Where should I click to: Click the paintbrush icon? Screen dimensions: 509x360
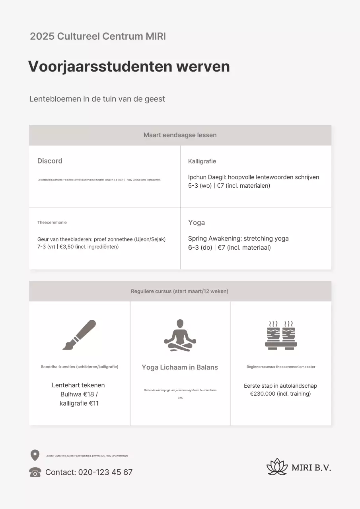coord(79,335)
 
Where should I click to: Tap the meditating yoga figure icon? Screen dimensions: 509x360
coord(180,335)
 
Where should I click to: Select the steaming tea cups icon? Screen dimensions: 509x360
coord(281,335)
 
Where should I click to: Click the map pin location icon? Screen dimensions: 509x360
coord(35,455)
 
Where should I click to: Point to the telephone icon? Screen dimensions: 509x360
coord(35,472)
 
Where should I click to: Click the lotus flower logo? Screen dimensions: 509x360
coord(277,467)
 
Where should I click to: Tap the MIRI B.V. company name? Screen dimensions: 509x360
coord(311,468)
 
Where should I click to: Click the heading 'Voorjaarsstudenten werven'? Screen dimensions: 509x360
coord(129,66)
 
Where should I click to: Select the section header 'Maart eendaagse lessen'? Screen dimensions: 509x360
coord(180,135)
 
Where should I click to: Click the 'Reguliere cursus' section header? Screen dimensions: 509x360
coord(180,291)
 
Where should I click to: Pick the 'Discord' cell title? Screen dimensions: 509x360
coord(50,161)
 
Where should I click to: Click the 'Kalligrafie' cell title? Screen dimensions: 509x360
coord(202,161)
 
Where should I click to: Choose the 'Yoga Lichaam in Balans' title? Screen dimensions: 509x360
coord(180,367)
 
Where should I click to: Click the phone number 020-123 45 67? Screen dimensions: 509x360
coord(105,472)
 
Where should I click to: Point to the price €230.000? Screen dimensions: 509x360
coord(265,394)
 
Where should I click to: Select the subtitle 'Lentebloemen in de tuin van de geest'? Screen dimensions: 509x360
coord(97,99)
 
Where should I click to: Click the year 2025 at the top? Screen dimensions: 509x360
coord(42,37)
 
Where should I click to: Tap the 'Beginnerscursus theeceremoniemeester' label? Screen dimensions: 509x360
coord(281,367)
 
